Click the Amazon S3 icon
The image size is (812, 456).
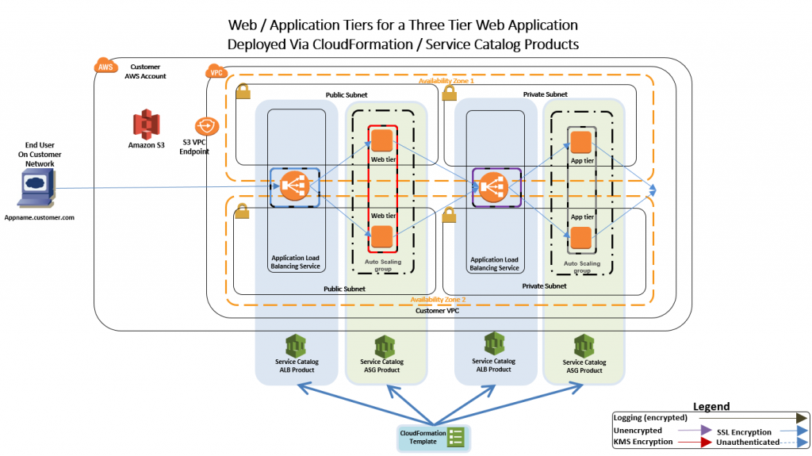click(x=146, y=125)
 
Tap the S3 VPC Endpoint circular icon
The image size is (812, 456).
click(x=205, y=127)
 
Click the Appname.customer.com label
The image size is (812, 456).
click(x=39, y=217)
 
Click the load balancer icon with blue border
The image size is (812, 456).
click(x=294, y=187)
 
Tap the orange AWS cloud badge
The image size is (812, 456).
click(x=105, y=67)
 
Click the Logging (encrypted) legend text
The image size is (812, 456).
click(x=650, y=417)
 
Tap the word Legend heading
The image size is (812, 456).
click(x=711, y=406)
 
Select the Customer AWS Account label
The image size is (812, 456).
click(x=145, y=71)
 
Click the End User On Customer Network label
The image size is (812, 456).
click(x=39, y=154)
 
